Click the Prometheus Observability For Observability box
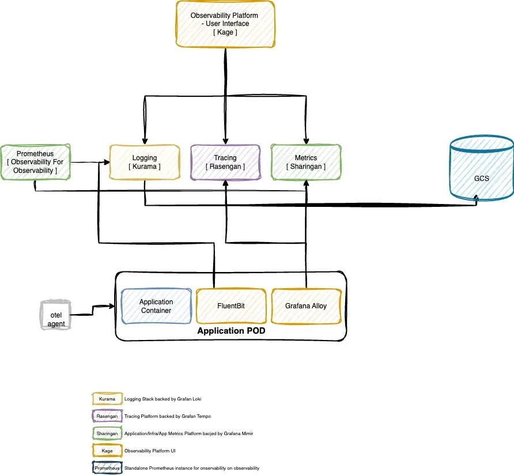tap(35, 162)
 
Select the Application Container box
tap(156, 306)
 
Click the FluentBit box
tap(231, 306)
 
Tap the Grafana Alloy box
tap(305, 306)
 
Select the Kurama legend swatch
tap(107, 399)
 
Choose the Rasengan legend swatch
tap(107, 416)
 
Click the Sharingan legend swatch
tap(107, 433)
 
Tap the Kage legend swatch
tap(107, 451)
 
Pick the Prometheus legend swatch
tap(107, 468)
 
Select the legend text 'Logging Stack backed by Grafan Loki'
tap(162, 399)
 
